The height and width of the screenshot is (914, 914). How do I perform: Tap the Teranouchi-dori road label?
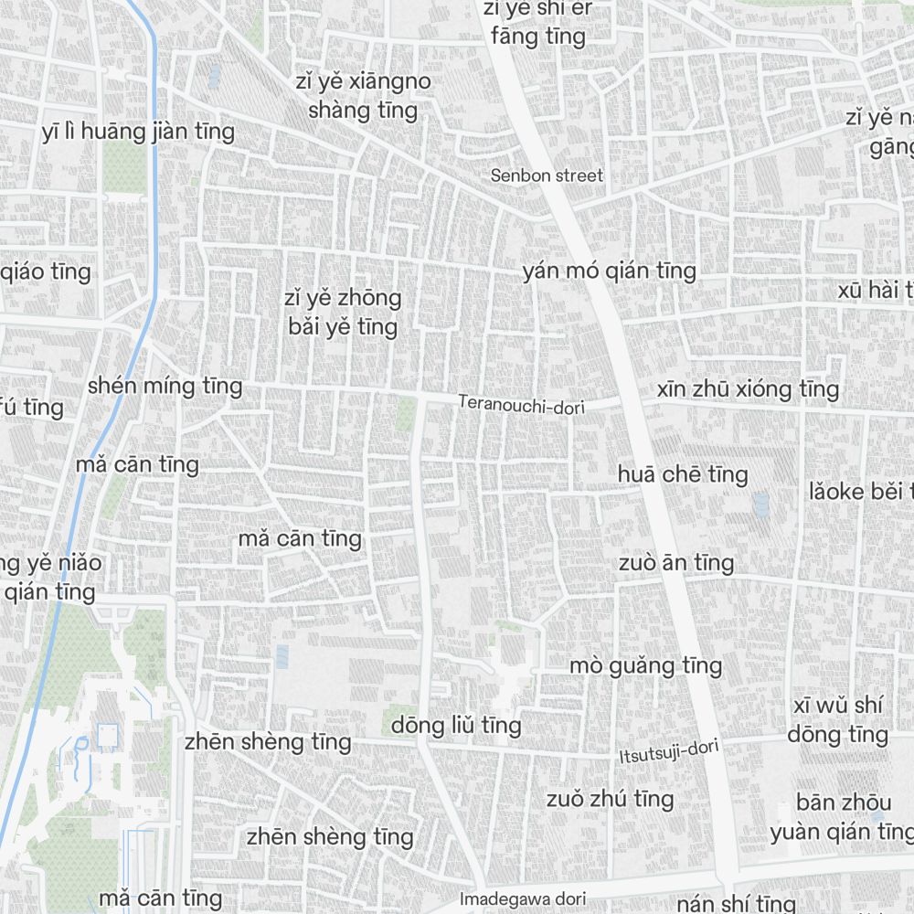[521, 403]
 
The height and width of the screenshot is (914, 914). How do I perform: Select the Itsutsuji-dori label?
[669, 752]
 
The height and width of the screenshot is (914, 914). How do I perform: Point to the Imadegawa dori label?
[522, 898]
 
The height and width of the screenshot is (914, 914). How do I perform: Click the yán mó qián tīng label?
[609, 271]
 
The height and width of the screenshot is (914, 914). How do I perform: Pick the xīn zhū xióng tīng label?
[748, 389]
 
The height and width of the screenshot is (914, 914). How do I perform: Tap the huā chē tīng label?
[683, 474]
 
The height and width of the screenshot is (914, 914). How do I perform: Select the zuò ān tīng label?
[675, 562]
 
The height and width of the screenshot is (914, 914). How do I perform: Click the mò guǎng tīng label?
[645, 666]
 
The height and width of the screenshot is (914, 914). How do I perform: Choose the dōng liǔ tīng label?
[456, 726]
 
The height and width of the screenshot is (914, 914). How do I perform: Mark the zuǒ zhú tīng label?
[610, 799]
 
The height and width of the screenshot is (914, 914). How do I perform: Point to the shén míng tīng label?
[165, 386]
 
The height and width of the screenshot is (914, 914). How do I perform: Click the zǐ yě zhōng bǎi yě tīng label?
[342, 313]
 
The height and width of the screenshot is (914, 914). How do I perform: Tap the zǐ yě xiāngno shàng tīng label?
[364, 96]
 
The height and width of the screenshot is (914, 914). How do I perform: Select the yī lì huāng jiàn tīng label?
[138, 132]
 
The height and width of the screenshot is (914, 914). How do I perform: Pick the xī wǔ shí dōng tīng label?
[837, 719]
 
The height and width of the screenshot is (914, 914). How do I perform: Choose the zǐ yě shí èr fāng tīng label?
[538, 22]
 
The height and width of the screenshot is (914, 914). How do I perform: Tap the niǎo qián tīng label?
[50, 577]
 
